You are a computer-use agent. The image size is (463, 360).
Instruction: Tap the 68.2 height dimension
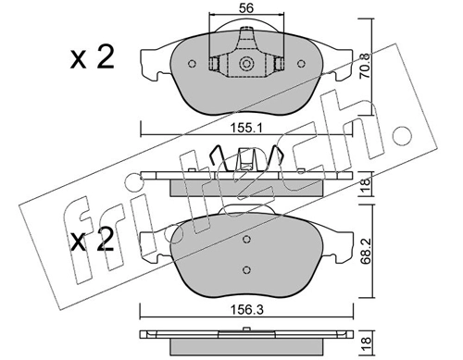point(367,251)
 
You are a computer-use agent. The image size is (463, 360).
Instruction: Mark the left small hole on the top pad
point(191,65)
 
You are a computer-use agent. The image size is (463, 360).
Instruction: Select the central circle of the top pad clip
point(247,65)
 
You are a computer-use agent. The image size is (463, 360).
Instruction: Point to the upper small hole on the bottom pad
point(247,237)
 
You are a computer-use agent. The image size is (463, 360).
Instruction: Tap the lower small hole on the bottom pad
point(247,270)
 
